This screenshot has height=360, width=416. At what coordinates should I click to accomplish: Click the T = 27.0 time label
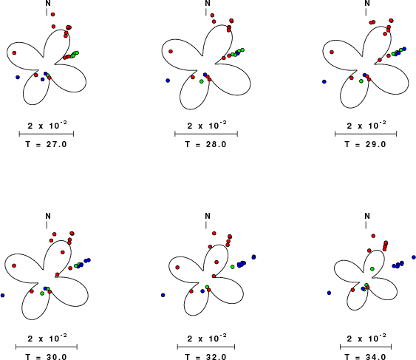pyautogui.click(x=46, y=144)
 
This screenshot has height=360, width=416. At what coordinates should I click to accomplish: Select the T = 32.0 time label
pyautogui.click(x=205, y=356)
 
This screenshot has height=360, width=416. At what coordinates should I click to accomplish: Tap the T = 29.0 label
pyautogui.click(x=365, y=144)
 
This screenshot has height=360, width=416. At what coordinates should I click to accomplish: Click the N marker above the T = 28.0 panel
pyautogui.click(x=208, y=3)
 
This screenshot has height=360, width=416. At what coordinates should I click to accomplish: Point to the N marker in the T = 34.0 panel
pyautogui.click(x=367, y=216)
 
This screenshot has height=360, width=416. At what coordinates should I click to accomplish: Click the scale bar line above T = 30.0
pyautogui.click(x=47, y=347)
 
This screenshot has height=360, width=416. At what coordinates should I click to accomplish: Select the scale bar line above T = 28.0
pyautogui.click(x=206, y=134)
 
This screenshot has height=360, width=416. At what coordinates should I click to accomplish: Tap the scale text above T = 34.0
pyautogui.click(x=366, y=338)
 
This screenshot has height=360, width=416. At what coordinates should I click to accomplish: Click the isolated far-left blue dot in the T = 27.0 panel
pyautogui.click(x=18, y=78)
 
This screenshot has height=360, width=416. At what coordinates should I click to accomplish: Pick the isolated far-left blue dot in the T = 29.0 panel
pyautogui.click(x=324, y=81)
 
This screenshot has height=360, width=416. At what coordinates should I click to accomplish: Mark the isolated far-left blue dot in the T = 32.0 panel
pyautogui.click(x=163, y=295)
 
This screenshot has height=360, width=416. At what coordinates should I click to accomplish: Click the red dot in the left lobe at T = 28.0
pyautogui.click(x=171, y=52)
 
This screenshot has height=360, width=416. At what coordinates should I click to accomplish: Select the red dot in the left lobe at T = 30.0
pyautogui.click(x=14, y=265)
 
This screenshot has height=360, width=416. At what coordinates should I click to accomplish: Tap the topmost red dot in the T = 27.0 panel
pyautogui.click(x=52, y=14)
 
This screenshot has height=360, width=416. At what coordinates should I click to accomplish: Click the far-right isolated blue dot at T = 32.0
pyautogui.click(x=254, y=257)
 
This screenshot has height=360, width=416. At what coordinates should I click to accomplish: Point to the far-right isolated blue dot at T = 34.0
pyautogui.click(x=414, y=257)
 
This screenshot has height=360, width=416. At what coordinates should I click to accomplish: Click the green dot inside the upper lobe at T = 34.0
pyautogui.click(x=372, y=269)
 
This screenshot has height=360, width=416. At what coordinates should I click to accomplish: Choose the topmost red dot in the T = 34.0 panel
pyautogui.click(x=373, y=236)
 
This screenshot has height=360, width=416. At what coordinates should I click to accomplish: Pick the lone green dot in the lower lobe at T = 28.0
pyautogui.click(x=202, y=81)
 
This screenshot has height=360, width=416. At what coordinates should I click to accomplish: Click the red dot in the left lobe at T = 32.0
pyautogui.click(x=177, y=268)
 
